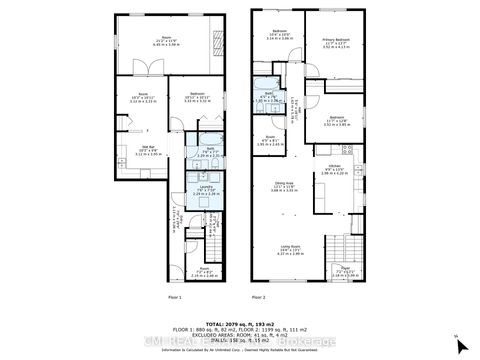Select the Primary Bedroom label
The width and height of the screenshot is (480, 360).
click(x=335, y=41)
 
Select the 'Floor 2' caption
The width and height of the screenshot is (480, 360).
click(x=259, y=297)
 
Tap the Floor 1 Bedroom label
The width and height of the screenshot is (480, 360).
click(x=195, y=98)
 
